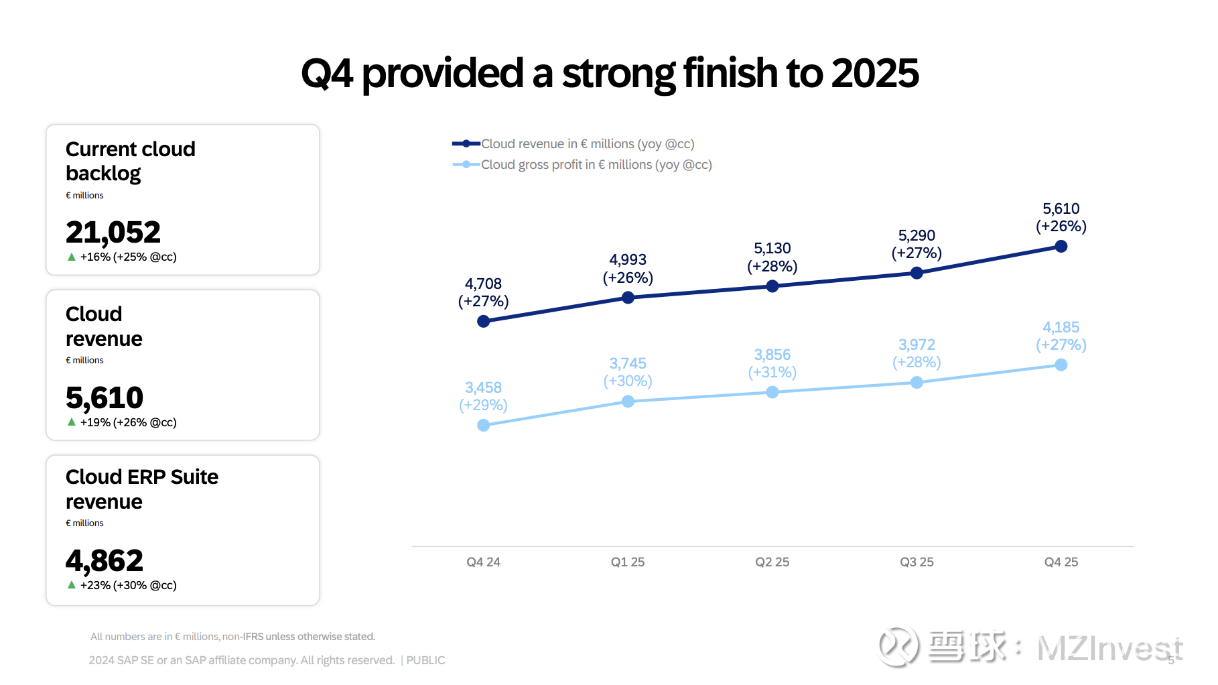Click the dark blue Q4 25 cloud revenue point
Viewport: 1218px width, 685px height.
click(1061, 247)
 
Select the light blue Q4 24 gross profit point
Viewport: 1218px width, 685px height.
click(483, 425)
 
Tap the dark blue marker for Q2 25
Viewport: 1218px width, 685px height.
click(772, 286)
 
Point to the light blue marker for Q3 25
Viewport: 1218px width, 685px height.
click(917, 382)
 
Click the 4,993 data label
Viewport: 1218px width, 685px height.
click(628, 260)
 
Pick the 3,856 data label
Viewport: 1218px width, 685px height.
click(772, 355)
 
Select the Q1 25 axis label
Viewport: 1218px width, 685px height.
click(628, 562)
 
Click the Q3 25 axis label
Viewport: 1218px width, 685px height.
click(917, 562)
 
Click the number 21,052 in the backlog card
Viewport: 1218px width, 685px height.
click(113, 233)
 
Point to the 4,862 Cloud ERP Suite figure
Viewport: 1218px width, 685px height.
click(105, 561)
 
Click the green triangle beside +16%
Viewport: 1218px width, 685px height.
click(72, 257)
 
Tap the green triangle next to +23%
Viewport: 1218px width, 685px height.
click(72, 585)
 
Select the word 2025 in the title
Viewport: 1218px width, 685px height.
click(874, 73)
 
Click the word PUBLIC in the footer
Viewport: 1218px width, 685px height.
click(425, 660)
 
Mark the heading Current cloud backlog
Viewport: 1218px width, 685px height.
click(131, 161)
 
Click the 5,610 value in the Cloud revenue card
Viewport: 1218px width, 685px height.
click(105, 398)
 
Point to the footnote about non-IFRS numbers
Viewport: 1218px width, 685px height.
click(232, 637)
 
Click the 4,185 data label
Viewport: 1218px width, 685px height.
click(1061, 328)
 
